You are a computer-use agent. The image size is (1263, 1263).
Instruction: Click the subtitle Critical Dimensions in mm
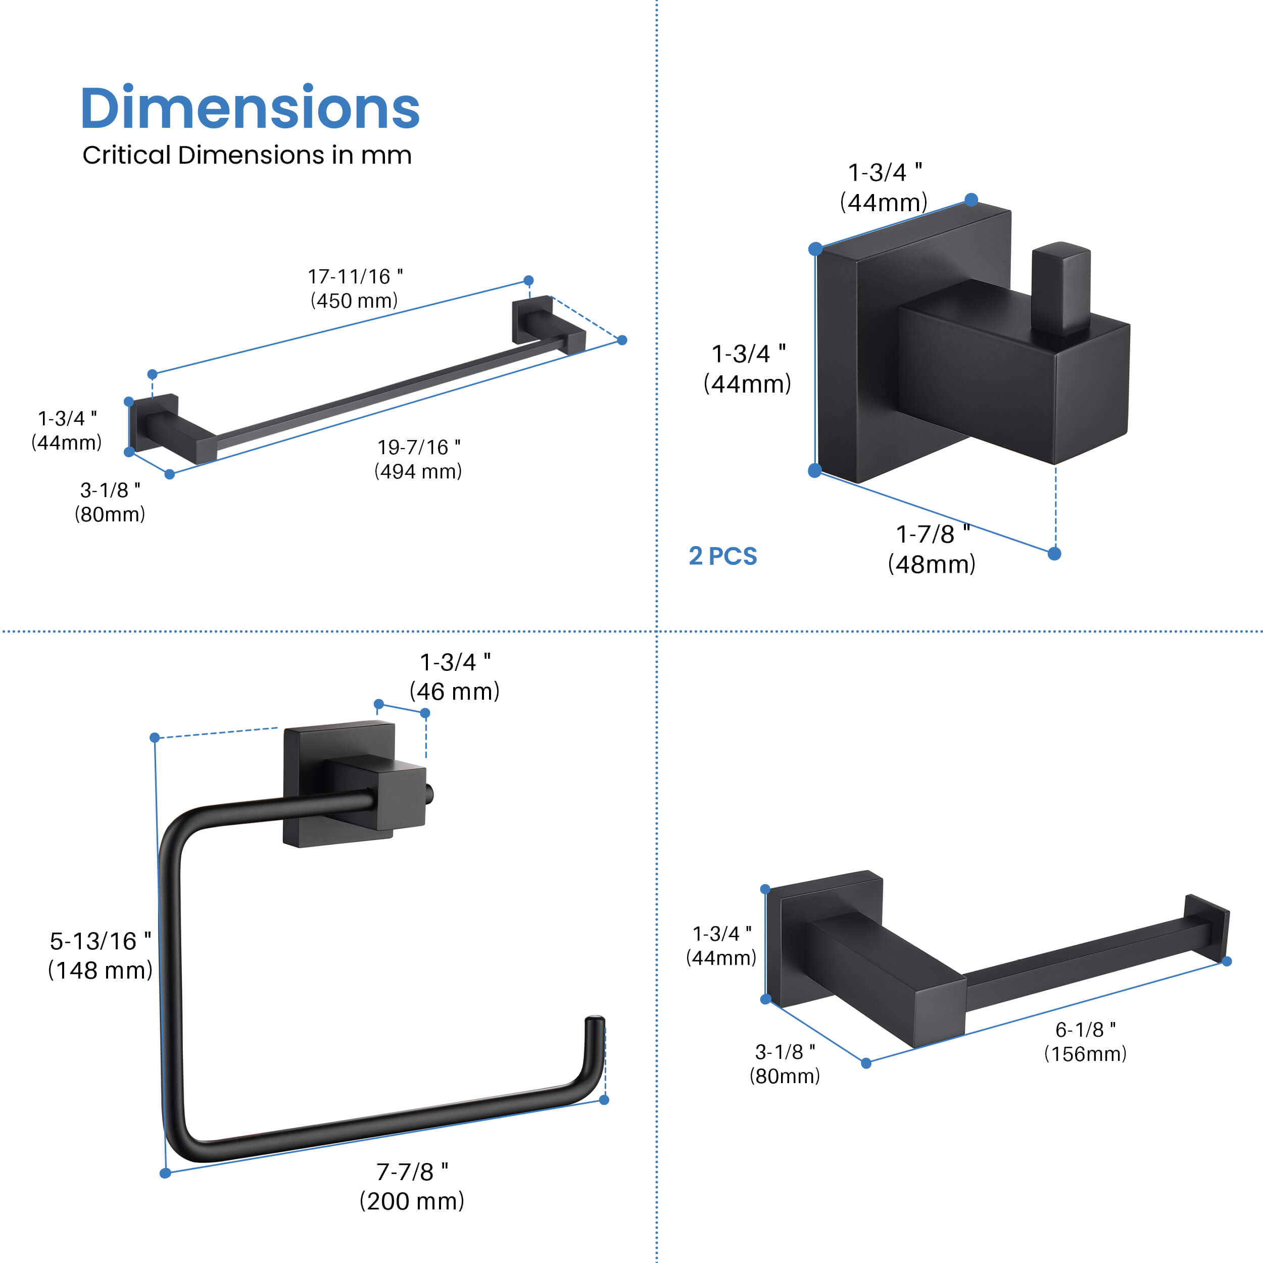tap(247, 156)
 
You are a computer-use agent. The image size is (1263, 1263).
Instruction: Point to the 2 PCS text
tap(723, 556)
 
